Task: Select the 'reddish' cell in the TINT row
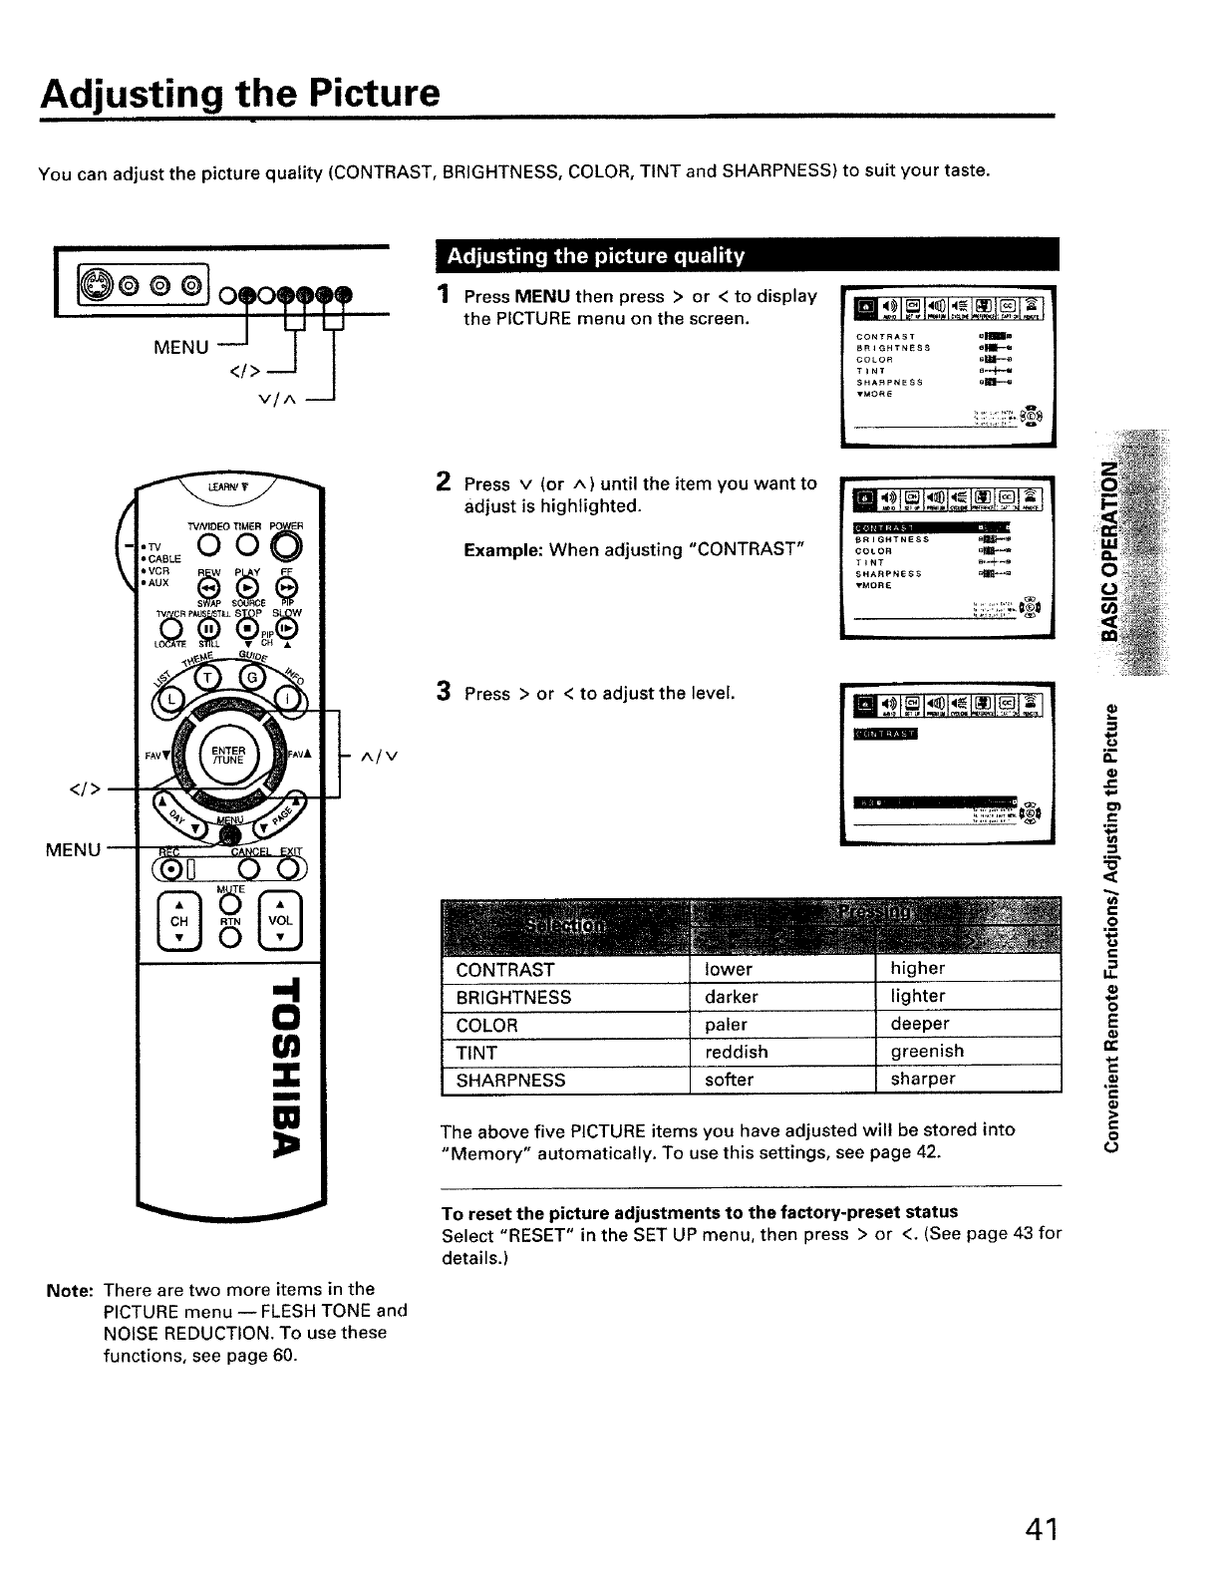tap(736, 1052)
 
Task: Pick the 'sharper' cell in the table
tap(923, 1079)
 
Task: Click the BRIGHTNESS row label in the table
tap(513, 997)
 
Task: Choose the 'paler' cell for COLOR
tap(726, 1025)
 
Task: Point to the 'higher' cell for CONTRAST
tap(917, 968)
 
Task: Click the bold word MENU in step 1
tap(542, 297)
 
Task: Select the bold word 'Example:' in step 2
tap(503, 550)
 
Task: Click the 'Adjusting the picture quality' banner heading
tap(596, 256)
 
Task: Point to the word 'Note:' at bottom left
tap(70, 1290)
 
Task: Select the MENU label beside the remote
tap(73, 849)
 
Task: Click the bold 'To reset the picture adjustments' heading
tap(699, 1212)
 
